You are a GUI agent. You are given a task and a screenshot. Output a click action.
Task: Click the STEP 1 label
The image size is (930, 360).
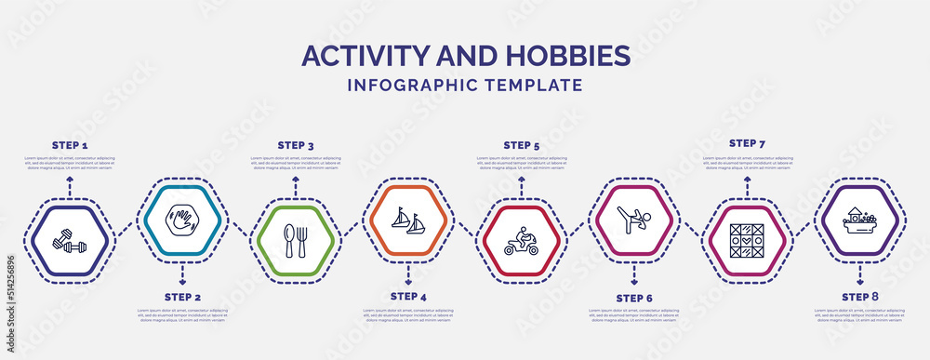[70, 146]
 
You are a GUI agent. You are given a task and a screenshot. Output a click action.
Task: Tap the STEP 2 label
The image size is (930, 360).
[182, 297]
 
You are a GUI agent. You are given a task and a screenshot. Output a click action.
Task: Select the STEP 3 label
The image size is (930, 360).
[296, 146]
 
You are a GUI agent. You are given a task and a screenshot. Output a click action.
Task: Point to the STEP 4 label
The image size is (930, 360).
[408, 297]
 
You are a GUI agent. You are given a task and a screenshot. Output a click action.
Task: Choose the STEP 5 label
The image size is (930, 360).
[522, 146]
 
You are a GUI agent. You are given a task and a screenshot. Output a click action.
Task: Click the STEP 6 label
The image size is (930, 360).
[634, 298]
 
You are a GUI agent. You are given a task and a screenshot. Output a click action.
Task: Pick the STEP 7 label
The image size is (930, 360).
[748, 144]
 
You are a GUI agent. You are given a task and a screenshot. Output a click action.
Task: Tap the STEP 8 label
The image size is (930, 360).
[860, 297]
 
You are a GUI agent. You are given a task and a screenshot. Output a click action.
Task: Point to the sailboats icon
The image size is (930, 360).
[409, 221]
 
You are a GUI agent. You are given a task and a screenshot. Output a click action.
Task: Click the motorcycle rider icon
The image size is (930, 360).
[522, 241]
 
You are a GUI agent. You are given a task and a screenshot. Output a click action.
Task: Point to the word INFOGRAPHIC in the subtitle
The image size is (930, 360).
[408, 85]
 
